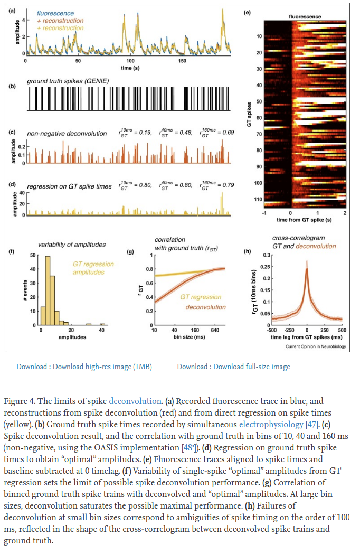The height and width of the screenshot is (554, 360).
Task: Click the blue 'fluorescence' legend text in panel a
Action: [55, 13]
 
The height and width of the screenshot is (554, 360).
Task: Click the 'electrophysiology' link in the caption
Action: [271, 424]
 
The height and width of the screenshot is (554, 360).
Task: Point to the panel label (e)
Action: [247, 12]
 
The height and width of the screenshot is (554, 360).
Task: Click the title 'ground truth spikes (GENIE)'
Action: [68, 81]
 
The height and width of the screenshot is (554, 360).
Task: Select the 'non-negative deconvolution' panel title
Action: [67, 134]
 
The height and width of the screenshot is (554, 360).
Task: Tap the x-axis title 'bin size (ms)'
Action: [190, 337]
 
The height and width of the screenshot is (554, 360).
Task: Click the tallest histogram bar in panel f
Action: [48, 290]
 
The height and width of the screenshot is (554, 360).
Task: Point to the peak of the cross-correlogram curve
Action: [307, 268]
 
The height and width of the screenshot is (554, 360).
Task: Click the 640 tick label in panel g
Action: [215, 331]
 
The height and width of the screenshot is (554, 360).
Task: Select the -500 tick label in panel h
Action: [272, 331]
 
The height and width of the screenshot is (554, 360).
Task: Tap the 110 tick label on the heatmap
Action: [258, 199]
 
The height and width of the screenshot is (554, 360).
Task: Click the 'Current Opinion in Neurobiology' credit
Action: [316, 346]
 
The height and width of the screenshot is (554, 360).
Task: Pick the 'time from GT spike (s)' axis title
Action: [304, 220]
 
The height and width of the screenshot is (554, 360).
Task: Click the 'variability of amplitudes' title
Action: [72, 245]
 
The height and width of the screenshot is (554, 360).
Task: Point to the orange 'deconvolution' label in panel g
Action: [206, 307]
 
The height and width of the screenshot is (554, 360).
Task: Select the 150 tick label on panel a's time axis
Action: [182, 61]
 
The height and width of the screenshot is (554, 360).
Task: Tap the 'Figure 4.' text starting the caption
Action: [20, 401]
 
